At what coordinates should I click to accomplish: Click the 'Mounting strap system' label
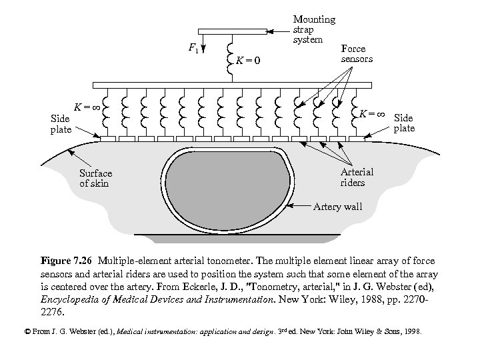point(314,29)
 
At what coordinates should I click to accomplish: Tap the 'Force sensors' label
point(357,53)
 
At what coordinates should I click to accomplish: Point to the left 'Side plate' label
point(61,124)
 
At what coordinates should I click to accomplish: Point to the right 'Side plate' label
point(404,123)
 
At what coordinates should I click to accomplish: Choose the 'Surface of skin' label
point(95,179)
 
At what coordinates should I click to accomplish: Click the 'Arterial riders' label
point(357,177)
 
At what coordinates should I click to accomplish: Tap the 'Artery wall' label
point(337,207)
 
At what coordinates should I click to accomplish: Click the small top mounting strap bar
point(230,31)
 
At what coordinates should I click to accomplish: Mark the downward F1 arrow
point(204,43)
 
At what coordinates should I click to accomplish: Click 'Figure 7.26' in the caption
point(65,259)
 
